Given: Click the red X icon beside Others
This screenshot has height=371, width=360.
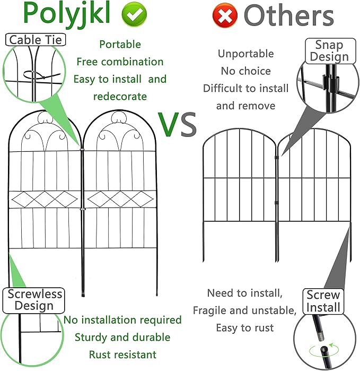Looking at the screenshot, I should [225, 16].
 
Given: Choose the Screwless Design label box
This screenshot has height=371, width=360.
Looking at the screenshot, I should [34, 300].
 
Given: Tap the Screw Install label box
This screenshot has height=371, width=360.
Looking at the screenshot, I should [323, 301].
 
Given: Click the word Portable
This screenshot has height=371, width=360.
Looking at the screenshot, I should [120, 45].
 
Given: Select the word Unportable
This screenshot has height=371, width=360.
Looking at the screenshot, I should [245, 54].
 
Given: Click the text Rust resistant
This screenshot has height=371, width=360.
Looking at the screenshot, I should [122, 354].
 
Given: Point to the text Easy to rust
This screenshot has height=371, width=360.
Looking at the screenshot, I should [245, 328].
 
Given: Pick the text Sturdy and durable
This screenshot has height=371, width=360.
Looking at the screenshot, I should [122, 337].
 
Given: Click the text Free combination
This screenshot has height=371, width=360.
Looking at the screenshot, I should [120, 62].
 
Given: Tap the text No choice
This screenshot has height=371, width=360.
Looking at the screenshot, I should [245, 71].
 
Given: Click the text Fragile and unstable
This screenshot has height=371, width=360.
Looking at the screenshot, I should [244, 310].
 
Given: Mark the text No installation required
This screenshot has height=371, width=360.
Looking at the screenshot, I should [122, 320].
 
